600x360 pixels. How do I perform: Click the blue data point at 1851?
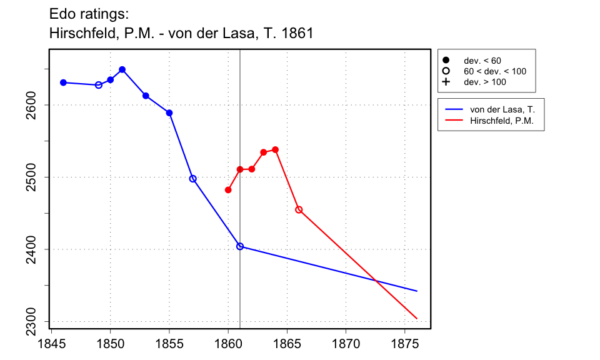122,69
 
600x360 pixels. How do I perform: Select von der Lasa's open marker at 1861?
240,246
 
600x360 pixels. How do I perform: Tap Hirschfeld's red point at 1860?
228,190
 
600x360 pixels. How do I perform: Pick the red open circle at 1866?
299,209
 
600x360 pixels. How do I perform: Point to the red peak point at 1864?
275,149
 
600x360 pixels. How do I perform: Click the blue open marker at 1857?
192,179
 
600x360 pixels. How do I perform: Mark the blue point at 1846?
63,82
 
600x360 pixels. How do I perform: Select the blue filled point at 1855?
169,113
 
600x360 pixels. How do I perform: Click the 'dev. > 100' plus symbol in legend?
446,82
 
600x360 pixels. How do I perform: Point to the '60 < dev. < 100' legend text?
494,71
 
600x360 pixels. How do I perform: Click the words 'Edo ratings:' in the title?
89,13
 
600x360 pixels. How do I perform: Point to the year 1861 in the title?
297,33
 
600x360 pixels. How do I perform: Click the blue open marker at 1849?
99,85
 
